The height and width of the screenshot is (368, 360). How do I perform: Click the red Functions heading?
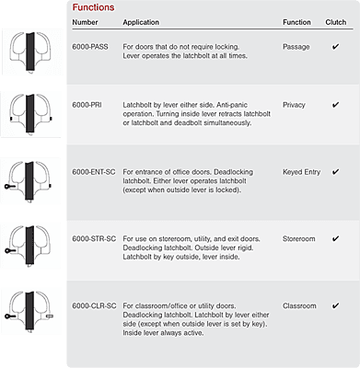(93, 7)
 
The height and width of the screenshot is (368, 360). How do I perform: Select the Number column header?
(85, 22)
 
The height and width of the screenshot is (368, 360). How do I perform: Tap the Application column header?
(141, 22)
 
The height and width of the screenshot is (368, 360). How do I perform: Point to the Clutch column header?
(336, 22)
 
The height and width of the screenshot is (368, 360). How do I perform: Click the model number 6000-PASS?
(90, 47)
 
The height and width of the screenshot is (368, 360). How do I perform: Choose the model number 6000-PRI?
(87, 105)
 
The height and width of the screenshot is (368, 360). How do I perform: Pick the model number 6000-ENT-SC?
(94, 172)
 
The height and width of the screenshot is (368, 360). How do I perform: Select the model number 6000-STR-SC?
(94, 239)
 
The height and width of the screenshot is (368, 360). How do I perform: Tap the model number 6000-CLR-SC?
(94, 306)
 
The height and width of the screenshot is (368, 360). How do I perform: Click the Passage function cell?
(296, 47)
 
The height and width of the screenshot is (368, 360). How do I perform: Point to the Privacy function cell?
(294, 105)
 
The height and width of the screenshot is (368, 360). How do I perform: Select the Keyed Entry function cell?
(301, 172)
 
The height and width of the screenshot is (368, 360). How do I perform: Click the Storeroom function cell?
(299, 239)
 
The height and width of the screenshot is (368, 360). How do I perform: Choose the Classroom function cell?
(299, 306)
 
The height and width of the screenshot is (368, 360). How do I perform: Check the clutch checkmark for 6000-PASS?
(335, 47)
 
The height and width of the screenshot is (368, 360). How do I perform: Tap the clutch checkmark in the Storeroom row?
(335, 238)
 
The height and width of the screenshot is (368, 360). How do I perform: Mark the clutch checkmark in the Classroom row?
(335, 305)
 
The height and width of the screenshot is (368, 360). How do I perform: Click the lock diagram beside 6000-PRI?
(30, 114)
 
